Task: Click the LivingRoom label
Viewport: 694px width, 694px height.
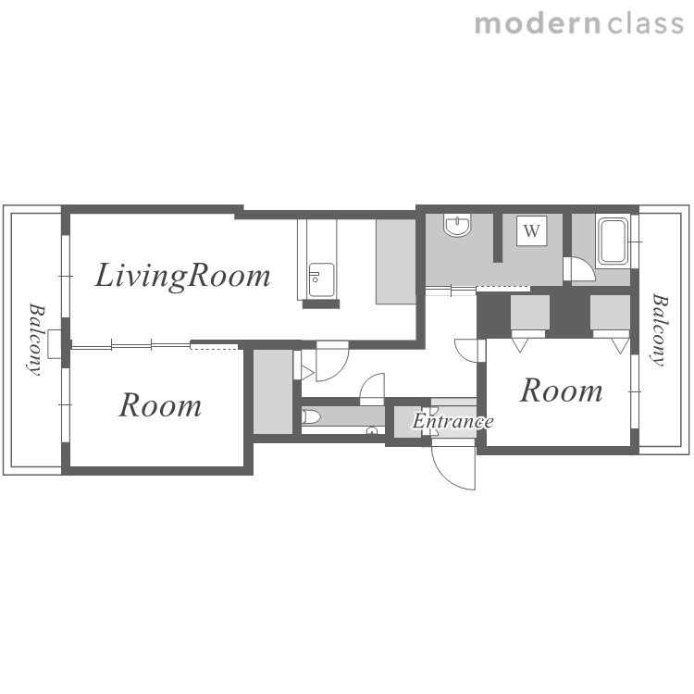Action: point(183,276)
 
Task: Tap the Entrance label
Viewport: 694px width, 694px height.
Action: point(452,421)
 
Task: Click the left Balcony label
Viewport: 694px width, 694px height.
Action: point(36,339)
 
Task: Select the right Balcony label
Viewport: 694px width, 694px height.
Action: point(660,329)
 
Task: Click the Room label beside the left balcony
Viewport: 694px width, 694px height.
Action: point(160,405)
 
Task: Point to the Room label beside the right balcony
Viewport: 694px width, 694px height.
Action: point(562,390)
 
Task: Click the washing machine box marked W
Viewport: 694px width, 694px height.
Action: point(531,230)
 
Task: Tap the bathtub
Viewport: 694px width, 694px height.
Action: point(613,242)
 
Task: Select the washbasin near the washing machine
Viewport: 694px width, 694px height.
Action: point(458,225)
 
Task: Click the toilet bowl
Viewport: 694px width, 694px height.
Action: point(311,416)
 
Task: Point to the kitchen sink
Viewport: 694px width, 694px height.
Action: point(322,279)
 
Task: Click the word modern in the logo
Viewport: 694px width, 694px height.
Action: point(538,24)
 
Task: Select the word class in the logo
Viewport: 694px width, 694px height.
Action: point(645,24)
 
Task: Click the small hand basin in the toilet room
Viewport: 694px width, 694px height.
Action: point(372,430)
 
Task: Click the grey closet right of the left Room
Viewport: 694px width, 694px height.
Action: point(273,391)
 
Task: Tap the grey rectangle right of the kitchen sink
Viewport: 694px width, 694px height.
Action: point(396,262)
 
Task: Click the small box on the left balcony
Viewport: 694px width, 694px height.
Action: point(55,344)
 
